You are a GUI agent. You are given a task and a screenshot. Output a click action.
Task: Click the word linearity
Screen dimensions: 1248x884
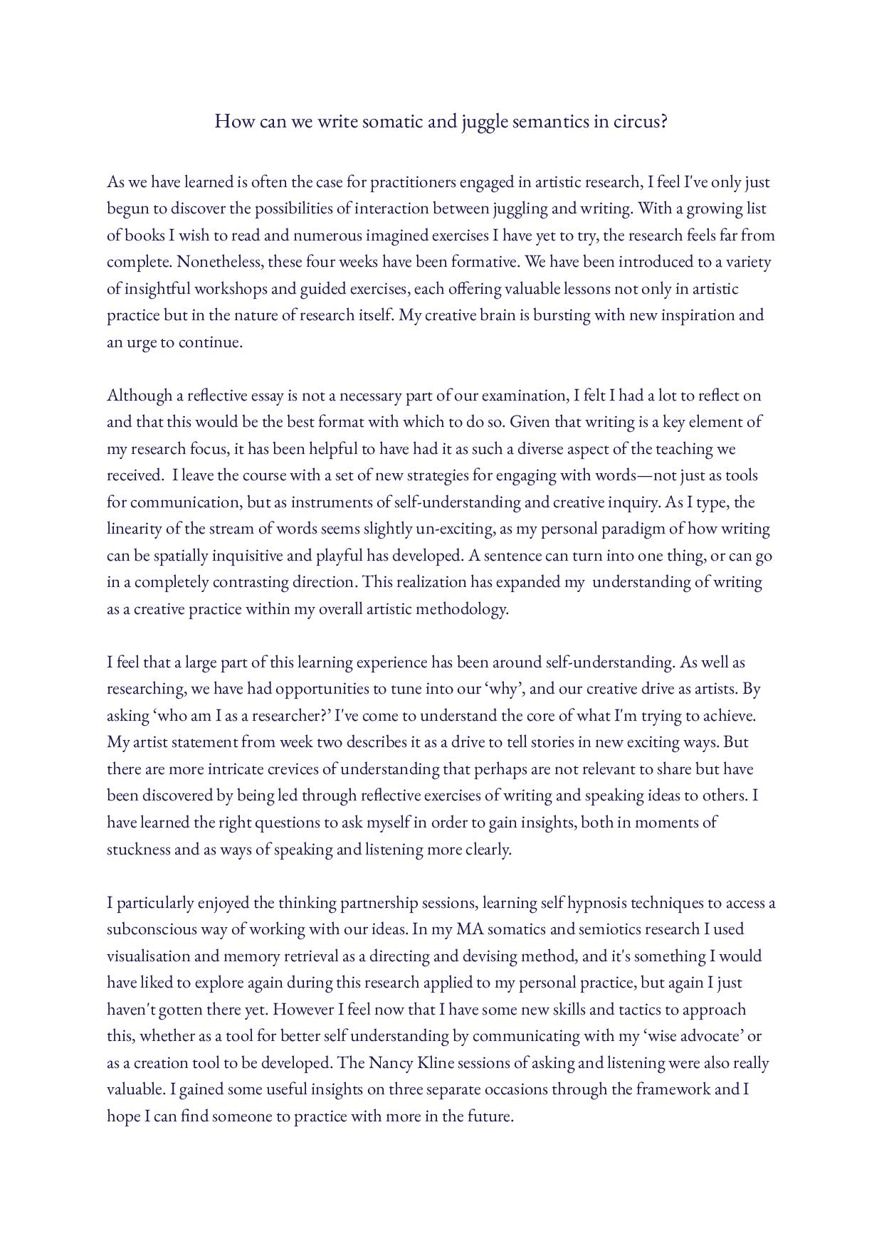click(x=134, y=529)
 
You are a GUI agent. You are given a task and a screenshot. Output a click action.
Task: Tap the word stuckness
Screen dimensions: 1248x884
click(x=139, y=850)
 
